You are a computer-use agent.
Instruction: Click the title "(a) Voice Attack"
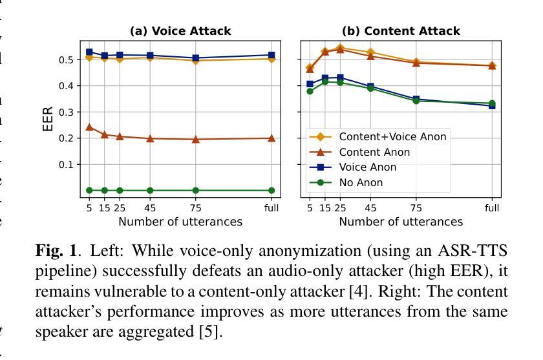[180, 31]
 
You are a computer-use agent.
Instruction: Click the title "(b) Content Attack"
[401, 31]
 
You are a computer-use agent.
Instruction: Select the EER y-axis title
[48, 120]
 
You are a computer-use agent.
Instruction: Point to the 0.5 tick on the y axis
[67, 59]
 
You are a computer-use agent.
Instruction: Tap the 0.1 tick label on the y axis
[67, 165]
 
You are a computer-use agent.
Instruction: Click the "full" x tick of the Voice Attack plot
[271, 207]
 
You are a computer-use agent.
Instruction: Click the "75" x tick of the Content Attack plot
[416, 207]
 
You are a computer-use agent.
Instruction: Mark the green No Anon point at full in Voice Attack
[271, 191]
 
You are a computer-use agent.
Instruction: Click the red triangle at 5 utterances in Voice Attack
[89, 127]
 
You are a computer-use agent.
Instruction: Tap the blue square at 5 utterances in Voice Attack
[89, 52]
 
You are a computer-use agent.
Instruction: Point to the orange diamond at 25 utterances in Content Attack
[340, 47]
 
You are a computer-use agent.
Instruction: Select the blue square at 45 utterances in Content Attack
[370, 87]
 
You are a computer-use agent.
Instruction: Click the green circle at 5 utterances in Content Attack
[310, 91]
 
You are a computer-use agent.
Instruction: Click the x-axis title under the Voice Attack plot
[180, 222]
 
